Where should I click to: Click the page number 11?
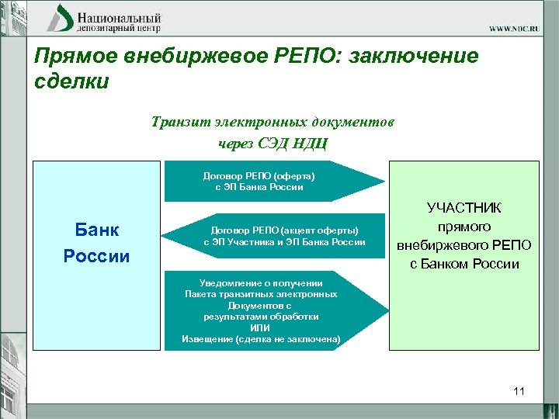(x=519, y=392)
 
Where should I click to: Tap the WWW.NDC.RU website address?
(x=520, y=29)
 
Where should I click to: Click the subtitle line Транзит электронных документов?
(x=273, y=122)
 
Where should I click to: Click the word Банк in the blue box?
(x=96, y=230)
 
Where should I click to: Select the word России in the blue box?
(x=96, y=256)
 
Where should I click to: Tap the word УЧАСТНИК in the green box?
(x=464, y=208)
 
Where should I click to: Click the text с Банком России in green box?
(x=464, y=264)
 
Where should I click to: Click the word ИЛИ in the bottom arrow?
(x=261, y=328)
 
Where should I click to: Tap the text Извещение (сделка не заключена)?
(x=261, y=339)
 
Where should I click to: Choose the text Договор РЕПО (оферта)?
(x=259, y=176)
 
